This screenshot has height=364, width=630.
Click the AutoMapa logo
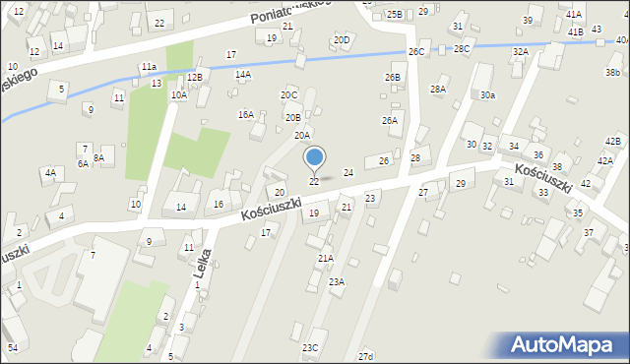point(563,344)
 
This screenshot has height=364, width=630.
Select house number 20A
point(302,136)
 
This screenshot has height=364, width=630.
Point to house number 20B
point(293,117)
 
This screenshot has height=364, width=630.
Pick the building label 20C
point(288,95)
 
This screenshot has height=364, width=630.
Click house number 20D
point(342,40)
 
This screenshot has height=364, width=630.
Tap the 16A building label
point(245,114)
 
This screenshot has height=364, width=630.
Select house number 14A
point(243,75)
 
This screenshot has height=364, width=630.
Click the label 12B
point(195,77)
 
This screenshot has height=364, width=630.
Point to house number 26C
point(416,51)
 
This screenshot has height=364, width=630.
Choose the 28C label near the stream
point(462,48)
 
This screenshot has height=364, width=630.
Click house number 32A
point(521,51)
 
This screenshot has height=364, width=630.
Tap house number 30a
point(488,95)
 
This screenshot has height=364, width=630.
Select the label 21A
point(325,258)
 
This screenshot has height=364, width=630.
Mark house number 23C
point(310,348)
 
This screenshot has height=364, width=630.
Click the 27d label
point(366,356)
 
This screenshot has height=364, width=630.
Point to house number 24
point(347,173)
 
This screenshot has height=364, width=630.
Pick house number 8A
point(98,157)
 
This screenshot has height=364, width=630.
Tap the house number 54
point(13,348)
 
